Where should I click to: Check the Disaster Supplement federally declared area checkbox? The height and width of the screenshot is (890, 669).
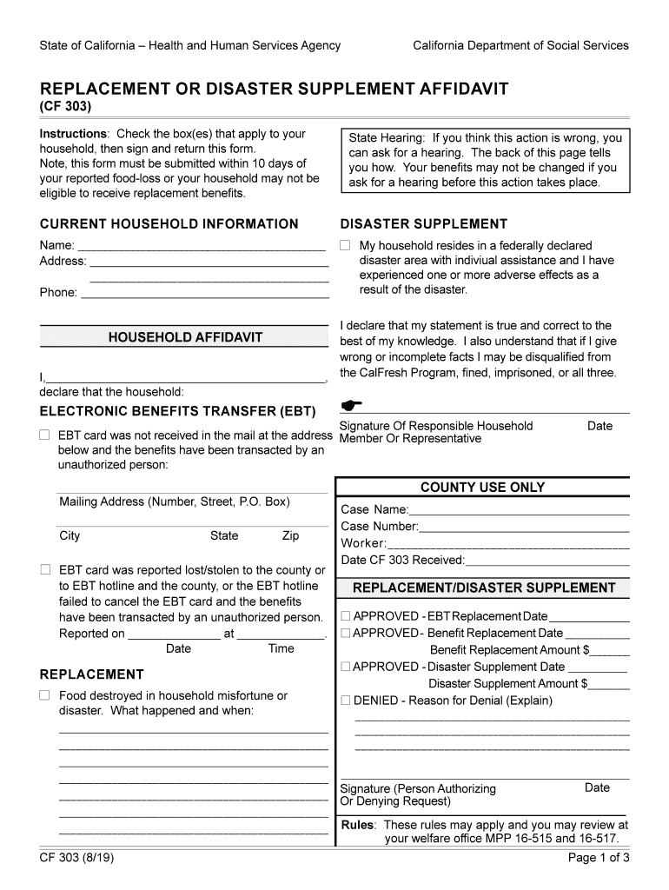(x=345, y=246)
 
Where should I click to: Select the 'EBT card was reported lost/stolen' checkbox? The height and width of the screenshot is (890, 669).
(x=44, y=570)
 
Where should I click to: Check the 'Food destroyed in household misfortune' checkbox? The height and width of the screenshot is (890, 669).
(x=44, y=695)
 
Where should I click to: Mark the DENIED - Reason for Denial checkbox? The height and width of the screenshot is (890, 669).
(x=346, y=701)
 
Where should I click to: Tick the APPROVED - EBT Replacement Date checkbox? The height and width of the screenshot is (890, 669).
(x=346, y=617)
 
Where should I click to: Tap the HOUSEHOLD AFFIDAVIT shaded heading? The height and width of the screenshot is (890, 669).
(x=185, y=337)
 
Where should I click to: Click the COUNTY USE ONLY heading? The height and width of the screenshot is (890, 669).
(x=482, y=488)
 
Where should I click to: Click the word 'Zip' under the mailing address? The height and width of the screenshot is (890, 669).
(x=290, y=536)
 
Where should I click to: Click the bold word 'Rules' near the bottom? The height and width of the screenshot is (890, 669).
(x=357, y=825)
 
